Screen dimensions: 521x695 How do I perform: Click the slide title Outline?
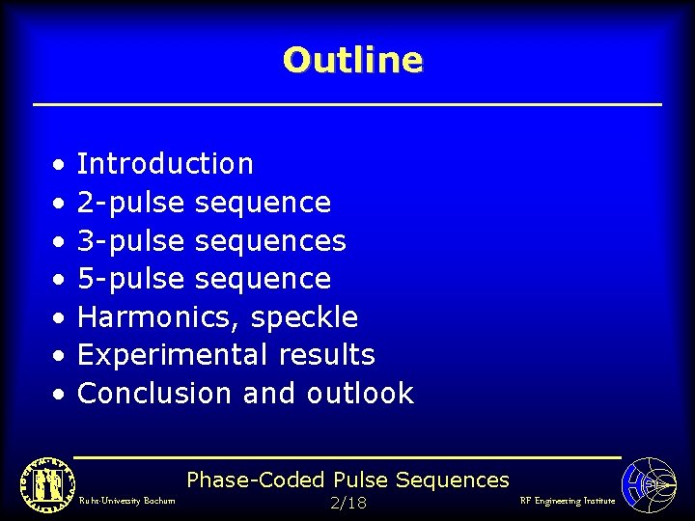click(x=352, y=60)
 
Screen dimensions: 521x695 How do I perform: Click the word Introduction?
click(x=165, y=164)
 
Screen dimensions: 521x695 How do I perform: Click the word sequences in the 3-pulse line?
click(x=270, y=240)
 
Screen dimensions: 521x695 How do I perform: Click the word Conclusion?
click(x=155, y=394)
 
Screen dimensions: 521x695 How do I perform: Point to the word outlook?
click(x=360, y=394)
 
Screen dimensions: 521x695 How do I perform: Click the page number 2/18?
click(x=347, y=504)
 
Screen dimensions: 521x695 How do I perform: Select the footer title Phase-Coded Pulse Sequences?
click(x=347, y=480)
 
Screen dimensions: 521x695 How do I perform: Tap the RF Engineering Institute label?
click(x=567, y=501)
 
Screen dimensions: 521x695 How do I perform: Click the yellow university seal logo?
click(x=42, y=481)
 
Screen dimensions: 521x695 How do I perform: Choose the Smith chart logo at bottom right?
click(x=650, y=483)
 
